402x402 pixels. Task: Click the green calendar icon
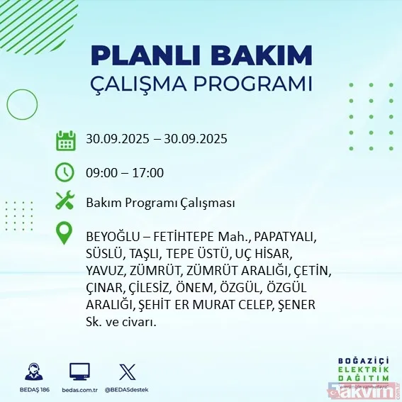pos(65,140)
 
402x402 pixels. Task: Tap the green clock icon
pos(65,172)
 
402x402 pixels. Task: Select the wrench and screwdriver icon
pos(65,203)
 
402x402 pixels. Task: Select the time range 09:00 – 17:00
pos(125,172)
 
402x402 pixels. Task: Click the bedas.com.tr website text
pos(79,390)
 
